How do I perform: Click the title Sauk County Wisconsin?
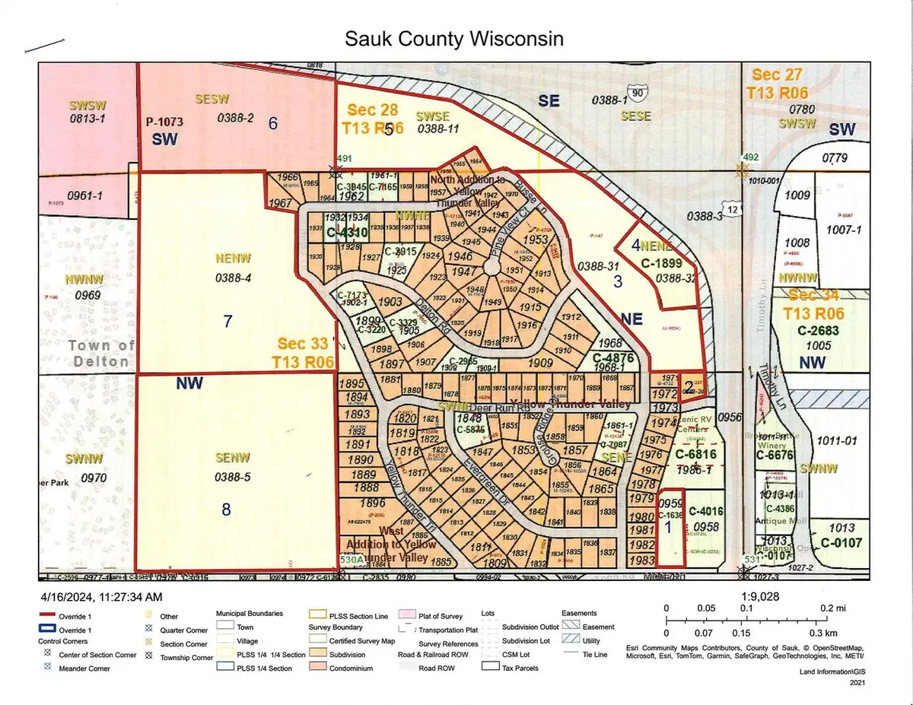[x=454, y=39]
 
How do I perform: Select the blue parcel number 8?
[x=226, y=510]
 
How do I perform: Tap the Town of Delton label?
[x=100, y=353]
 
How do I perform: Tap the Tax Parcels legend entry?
[x=520, y=668]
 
